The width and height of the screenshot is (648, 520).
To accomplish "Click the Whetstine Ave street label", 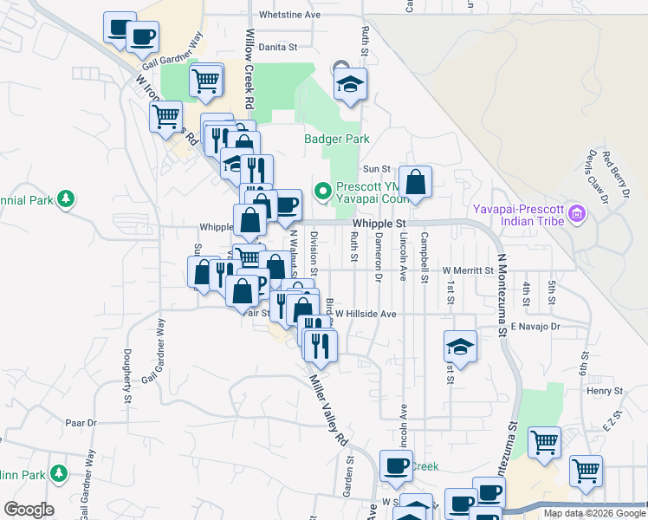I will click(x=289, y=16).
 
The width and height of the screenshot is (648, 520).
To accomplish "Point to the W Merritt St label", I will click(x=468, y=270).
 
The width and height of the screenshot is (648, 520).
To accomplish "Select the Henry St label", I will click(x=599, y=392).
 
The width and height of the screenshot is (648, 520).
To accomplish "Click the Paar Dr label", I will click(x=79, y=423).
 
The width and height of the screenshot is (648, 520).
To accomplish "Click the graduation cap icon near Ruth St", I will click(x=351, y=85).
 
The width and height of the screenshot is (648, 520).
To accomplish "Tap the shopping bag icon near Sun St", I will click(x=416, y=183).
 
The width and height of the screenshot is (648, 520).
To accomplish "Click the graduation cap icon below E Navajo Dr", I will click(x=461, y=348).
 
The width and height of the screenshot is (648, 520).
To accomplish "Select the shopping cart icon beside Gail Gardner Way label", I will click(x=206, y=81).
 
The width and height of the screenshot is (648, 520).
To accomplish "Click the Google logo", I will click(x=29, y=510).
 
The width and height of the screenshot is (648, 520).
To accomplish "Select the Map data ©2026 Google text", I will click(x=593, y=513).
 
